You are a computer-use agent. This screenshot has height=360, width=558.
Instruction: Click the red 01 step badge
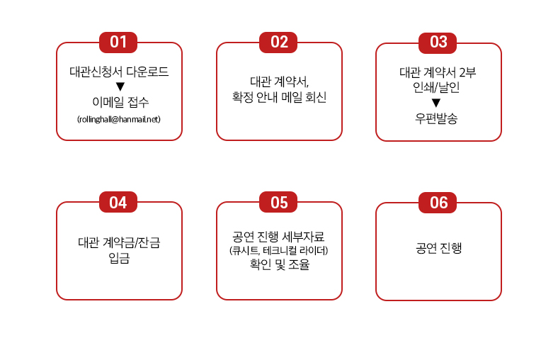(x=118, y=43)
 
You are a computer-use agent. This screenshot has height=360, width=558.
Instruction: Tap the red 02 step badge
(x=278, y=43)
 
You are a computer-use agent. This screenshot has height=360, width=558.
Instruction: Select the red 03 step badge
(x=438, y=43)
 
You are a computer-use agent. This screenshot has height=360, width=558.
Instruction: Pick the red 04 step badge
(x=118, y=202)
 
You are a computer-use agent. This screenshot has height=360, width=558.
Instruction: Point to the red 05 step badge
(x=278, y=202)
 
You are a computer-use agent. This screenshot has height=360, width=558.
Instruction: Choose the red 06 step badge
(x=438, y=203)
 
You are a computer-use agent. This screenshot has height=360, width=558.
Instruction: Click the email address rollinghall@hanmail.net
(x=119, y=119)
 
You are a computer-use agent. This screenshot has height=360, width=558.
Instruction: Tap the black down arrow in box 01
(x=120, y=86)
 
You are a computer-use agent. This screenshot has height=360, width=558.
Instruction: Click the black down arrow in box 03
(x=436, y=103)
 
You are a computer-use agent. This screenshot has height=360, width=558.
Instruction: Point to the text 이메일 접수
(x=120, y=102)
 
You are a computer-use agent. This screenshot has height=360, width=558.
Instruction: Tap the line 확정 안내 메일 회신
(x=280, y=97)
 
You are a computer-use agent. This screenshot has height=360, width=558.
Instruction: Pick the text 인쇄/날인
(x=436, y=87)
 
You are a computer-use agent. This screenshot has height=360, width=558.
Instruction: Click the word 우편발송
(x=436, y=118)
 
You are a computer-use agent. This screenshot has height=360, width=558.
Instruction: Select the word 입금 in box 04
(x=119, y=258)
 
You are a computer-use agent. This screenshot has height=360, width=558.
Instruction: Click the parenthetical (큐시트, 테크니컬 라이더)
(x=278, y=251)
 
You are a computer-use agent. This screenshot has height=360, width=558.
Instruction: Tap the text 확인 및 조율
(x=280, y=264)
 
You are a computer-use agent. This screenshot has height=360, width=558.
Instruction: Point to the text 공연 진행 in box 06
(x=439, y=248)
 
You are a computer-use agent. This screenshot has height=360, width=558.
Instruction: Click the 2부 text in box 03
(x=467, y=72)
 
